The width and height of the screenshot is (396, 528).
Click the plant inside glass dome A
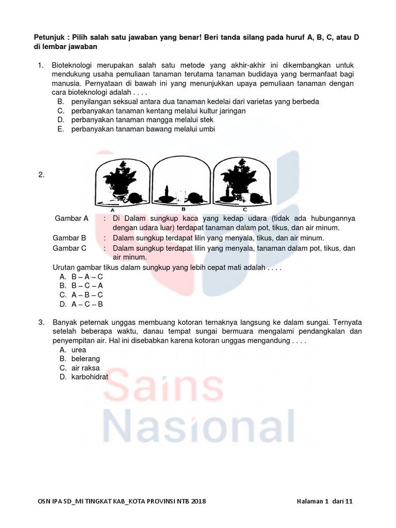(122, 178)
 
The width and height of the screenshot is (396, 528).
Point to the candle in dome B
(167, 194)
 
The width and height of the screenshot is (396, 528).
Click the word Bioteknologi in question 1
(74, 65)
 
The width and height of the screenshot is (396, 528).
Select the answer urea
(79, 350)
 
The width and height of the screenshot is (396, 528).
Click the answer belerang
(86, 358)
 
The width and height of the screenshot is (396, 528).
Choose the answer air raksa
(85, 368)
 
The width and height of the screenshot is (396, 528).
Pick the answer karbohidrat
(90, 377)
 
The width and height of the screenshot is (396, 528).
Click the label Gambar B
(70, 238)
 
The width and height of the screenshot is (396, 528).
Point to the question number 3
(41, 322)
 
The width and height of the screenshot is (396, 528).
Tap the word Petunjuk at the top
(48, 38)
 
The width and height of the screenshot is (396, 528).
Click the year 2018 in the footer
(198, 501)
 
